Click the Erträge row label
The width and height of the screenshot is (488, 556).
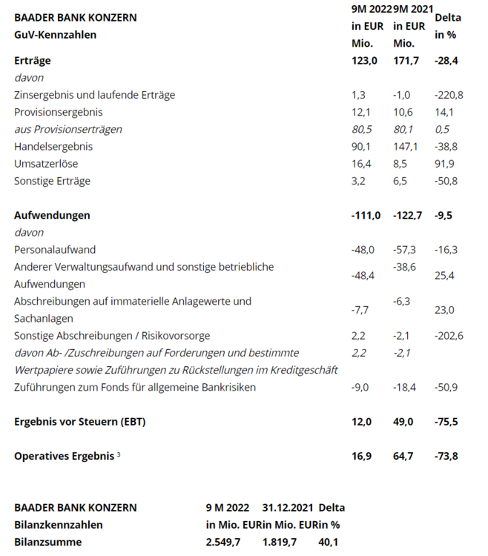click(x=32, y=61)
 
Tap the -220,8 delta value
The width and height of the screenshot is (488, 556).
click(x=449, y=95)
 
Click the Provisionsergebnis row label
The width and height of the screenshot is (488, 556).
click(x=58, y=112)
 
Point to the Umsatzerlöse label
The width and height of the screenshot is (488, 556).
click(x=46, y=163)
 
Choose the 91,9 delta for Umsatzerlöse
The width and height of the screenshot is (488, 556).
click(x=444, y=163)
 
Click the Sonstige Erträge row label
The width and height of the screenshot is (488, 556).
click(x=53, y=180)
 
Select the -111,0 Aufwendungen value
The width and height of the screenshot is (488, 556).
click(x=366, y=215)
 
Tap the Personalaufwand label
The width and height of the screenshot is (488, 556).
click(x=55, y=249)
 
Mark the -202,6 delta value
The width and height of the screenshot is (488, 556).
click(x=449, y=336)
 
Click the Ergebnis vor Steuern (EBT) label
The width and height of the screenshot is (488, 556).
click(x=80, y=422)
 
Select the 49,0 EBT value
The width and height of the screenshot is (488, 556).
click(x=403, y=422)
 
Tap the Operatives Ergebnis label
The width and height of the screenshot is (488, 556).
click(x=64, y=456)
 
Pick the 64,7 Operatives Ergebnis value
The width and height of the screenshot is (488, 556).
click(x=403, y=456)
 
